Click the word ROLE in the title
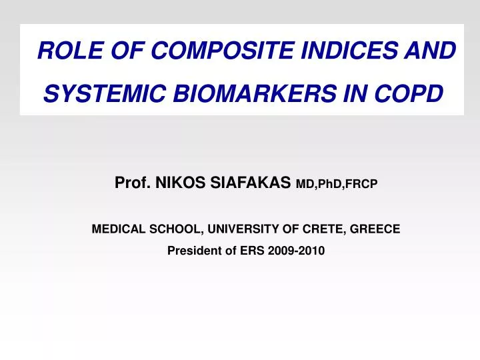click(63, 50)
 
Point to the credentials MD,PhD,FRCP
click(337, 183)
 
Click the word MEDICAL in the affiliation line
click(116, 229)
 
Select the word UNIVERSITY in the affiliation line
click(242, 229)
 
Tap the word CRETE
click(323, 229)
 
